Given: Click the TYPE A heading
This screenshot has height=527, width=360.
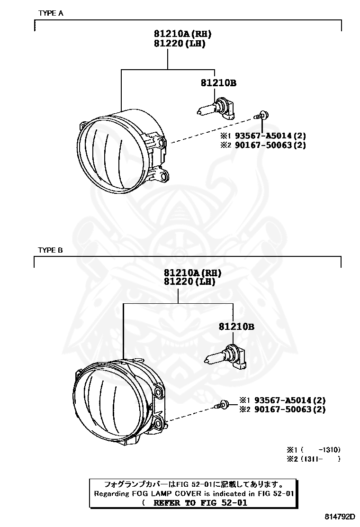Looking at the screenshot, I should tap(51, 13).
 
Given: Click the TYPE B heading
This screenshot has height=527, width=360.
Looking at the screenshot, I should tap(51, 250).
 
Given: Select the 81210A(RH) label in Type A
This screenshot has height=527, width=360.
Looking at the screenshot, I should tap(182, 34).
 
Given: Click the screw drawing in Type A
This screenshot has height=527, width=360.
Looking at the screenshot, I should tap(261, 115).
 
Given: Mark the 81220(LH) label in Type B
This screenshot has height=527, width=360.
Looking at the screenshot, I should tap(189, 282).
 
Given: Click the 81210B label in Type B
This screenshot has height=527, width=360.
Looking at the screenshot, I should tap(236, 327).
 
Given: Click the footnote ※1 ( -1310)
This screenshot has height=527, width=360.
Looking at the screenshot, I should tap(313, 449).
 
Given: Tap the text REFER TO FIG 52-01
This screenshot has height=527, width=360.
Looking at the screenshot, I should tap(200, 503).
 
